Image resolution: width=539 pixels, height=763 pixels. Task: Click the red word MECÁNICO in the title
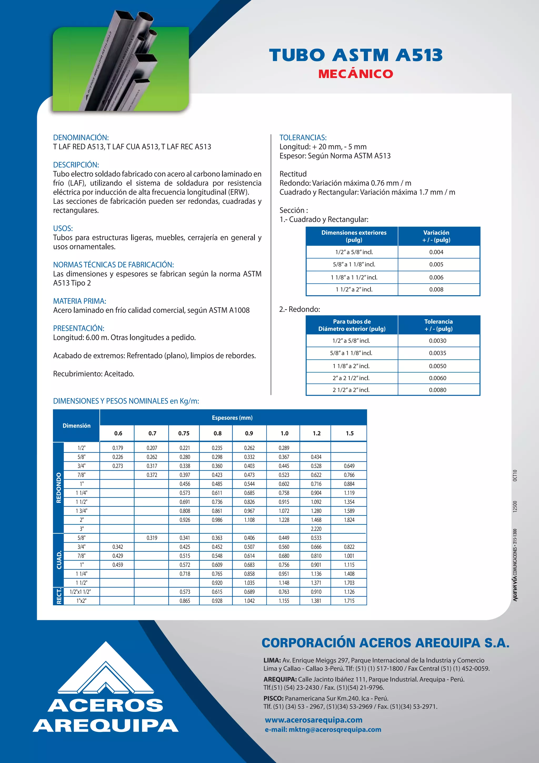pyautogui.click(x=355, y=74)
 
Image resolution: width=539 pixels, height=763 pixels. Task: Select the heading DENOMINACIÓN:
pyautogui.click(x=81, y=138)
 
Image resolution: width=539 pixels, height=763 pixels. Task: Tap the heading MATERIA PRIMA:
pyautogui.click(x=79, y=301)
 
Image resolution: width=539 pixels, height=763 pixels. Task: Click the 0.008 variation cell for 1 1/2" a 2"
pyautogui.click(x=436, y=289)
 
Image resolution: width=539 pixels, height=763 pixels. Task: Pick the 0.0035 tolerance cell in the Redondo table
pyautogui.click(x=437, y=353)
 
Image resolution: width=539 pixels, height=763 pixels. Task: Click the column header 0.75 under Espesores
pyautogui.click(x=184, y=433)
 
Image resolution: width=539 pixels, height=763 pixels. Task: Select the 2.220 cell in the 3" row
pyautogui.click(x=316, y=529)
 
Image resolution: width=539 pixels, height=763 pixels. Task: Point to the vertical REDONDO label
pyautogui.click(x=59, y=488)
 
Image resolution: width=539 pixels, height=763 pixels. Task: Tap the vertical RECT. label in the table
pyautogui.click(x=59, y=596)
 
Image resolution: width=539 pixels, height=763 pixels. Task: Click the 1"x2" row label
pyautogui.click(x=81, y=601)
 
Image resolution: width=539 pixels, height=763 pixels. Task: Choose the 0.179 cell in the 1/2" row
pyautogui.click(x=118, y=448)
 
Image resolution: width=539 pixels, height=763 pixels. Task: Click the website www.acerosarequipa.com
pyautogui.click(x=313, y=720)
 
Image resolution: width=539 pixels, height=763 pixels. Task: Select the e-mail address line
pyautogui.click(x=323, y=730)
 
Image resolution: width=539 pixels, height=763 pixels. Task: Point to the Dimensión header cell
pyautogui.click(x=76, y=426)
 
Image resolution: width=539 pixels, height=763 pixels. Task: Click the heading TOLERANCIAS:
pyautogui.click(x=303, y=138)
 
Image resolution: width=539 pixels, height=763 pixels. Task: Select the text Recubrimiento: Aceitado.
pyautogui.click(x=94, y=374)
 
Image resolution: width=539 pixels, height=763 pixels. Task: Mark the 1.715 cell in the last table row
pyautogui.click(x=349, y=601)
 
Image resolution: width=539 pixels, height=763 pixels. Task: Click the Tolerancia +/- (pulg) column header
pyautogui.click(x=438, y=325)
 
